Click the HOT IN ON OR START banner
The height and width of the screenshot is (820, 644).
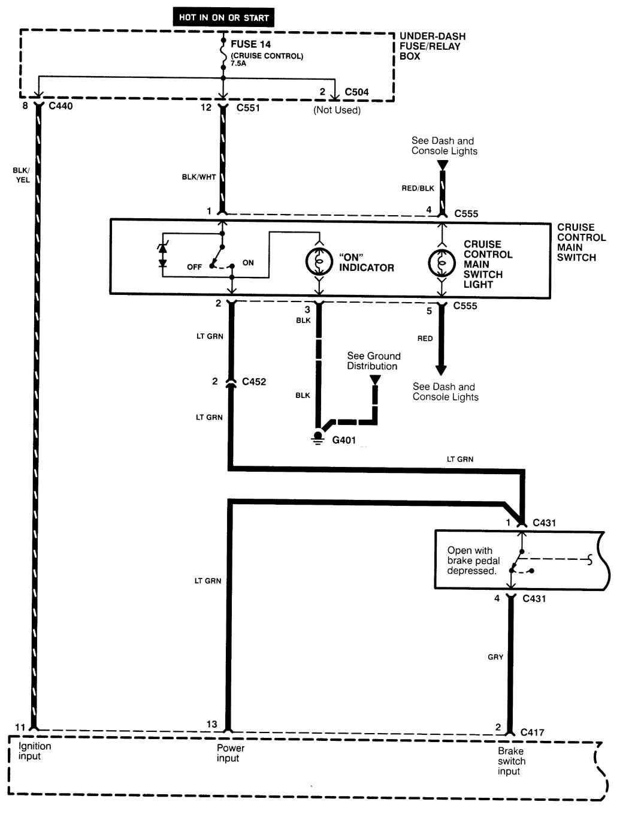click(x=223, y=17)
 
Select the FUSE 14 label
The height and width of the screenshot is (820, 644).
click(x=251, y=44)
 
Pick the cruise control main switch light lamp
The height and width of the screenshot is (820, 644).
click(x=442, y=263)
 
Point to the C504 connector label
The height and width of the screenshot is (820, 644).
click(x=356, y=92)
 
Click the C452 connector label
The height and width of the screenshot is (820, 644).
click(x=254, y=381)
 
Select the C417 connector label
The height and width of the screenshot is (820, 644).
click(x=532, y=732)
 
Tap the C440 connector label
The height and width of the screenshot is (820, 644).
click(x=61, y=105)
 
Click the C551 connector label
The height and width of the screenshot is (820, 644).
click(x=248, y=108)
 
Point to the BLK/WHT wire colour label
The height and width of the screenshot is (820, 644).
click(x=199, y=177)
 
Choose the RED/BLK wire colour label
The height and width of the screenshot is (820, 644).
click(x=418, y=188)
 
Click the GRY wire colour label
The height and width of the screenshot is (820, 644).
click(x=495, y=657)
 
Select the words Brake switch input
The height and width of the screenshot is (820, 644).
click(x=511, y=761)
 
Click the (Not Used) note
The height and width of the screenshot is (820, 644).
click(x=337, y=110)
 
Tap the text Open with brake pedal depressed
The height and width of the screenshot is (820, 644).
click(x=473, y=560)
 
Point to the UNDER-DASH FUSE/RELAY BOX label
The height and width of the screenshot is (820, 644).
click(x=433, y=46)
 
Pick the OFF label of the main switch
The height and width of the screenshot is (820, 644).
click(x=194, y=267)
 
